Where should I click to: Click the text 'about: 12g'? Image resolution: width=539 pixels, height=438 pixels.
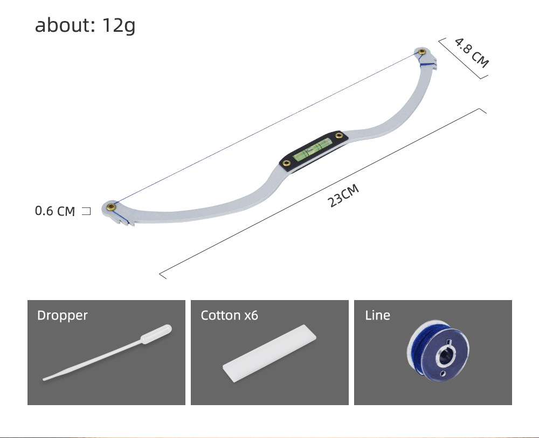tap(85, 25)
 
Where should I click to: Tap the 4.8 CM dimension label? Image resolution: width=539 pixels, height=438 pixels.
tap(472, 52)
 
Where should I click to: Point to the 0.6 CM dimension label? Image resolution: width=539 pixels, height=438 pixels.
tap(55, 211)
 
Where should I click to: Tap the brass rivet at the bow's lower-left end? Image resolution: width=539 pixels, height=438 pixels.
tap(111, 206)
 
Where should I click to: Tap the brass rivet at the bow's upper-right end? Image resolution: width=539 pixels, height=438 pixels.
tap(421, 52)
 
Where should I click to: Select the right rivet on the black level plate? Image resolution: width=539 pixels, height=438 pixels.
tap(338, 136)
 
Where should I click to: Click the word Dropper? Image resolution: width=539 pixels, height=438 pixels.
tap(62, 315)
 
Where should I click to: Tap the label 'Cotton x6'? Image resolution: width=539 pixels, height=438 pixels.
tap(229, 315)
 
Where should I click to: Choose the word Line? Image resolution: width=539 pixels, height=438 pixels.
tap(377, 315)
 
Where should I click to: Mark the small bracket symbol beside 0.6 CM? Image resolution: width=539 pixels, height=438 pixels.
tap(86, 211)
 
